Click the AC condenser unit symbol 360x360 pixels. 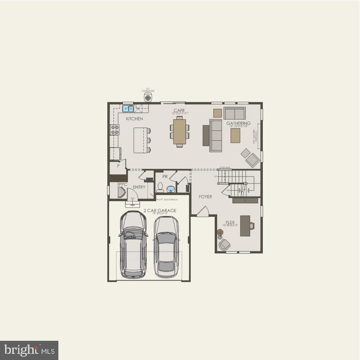coord(148,98)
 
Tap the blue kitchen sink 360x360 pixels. coord(128,108)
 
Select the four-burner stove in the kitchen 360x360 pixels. coord(115,130)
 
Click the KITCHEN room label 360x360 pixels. coord(134,119)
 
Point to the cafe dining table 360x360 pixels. coord(179,131)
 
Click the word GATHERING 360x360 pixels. coord(238,123)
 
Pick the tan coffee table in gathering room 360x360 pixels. coord(235,136)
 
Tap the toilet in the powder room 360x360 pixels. coord(160,187)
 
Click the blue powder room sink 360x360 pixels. coord(170,189)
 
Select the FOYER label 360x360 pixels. coord(205,197)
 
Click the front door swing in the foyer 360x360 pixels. coord(203,212)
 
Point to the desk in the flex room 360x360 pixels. coord(245,225)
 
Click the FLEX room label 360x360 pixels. coord(230,223)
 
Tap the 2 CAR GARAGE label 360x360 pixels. coord(160,210)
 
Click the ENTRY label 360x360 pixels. coord(139,187)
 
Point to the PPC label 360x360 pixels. coord(123,184)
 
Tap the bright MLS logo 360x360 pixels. coord(29,350)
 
